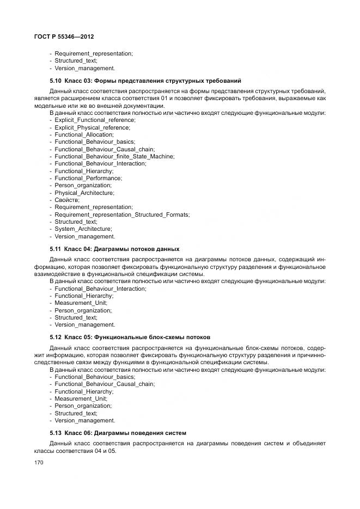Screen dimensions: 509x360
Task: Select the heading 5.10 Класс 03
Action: [x=145, y=81]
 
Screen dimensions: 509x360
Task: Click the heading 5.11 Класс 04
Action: [x=114, y=249]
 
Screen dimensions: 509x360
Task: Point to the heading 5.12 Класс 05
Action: [x=130, y=337]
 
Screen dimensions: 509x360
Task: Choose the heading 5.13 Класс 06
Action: [x=118, y=433]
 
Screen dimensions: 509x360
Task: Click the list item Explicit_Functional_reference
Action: [x=95, y=120]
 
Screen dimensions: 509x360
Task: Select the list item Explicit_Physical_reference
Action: [x=92, y=127]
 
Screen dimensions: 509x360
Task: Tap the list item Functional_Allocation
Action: [x=84, y=134]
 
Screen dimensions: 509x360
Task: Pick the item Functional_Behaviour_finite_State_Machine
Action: [x=114, y=156]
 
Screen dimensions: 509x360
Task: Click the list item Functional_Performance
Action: [x=88, y=178]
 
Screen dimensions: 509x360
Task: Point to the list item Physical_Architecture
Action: [x=84, y=193]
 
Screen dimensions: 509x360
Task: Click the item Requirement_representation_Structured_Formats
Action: [x=122, y=214]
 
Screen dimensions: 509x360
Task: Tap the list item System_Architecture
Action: [x=83, y=229]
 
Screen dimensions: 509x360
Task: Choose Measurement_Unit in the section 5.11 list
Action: [x=81, y=303]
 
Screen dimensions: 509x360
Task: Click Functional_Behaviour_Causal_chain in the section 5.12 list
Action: [x=105, y=384]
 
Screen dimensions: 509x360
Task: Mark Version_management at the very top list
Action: [x=84, y=69]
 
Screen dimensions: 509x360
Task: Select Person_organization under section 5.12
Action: [x=83, y=406]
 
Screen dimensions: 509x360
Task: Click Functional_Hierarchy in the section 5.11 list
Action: [x=84, y=296]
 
